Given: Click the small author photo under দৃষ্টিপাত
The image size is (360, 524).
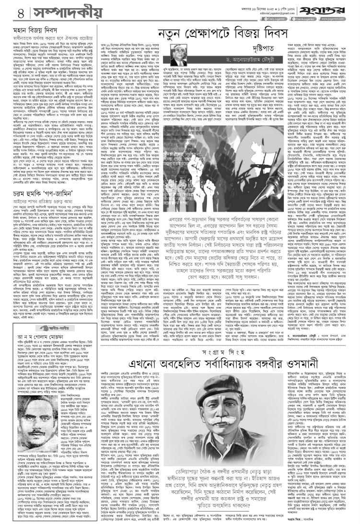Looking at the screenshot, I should [183, 50].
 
